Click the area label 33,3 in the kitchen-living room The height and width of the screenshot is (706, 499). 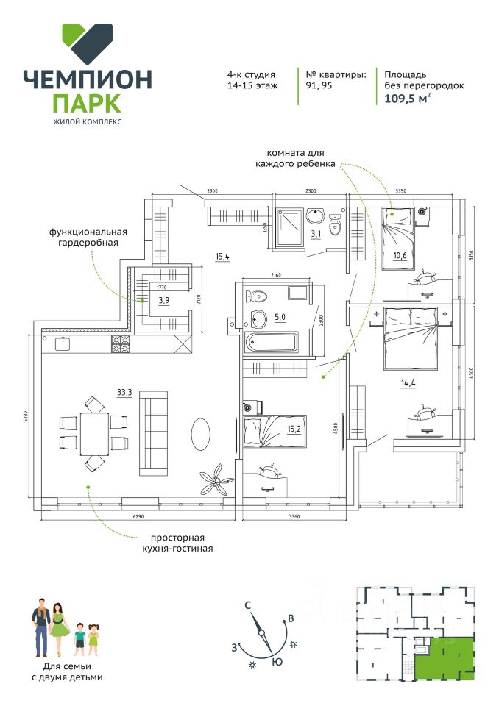124,392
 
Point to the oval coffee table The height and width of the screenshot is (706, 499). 202,434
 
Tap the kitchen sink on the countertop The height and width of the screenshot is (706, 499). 60,342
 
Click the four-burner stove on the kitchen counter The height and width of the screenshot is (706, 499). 121,342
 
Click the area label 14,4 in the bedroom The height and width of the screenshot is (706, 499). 409,382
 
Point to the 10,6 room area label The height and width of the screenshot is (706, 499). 399,255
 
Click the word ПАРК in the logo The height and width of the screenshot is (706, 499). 88,101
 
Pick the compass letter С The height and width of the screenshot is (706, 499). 249,605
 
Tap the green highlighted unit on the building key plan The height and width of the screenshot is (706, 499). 445,657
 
